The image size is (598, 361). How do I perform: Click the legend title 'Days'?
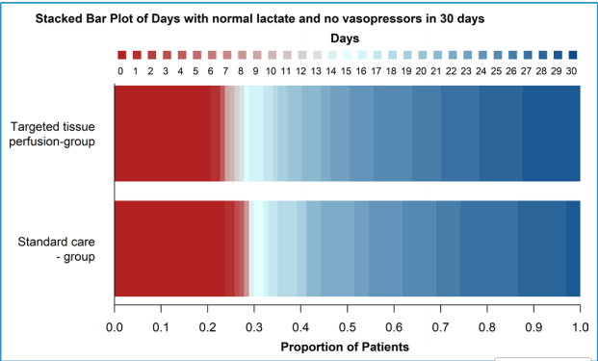[346, 38]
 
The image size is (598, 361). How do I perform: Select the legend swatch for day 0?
[120, 56]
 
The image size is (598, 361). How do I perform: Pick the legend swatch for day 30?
[572, 56]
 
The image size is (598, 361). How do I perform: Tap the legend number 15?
[346, 71]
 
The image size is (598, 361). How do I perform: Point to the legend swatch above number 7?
[226, 56]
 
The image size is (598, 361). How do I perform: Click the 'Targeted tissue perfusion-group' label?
[59, 134]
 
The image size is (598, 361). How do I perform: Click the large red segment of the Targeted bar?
[162, 133]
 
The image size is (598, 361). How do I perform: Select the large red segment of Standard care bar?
[169, 248]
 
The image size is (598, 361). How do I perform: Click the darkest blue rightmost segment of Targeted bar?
[551, 133]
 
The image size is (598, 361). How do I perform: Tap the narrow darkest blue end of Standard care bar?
[573, 248]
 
